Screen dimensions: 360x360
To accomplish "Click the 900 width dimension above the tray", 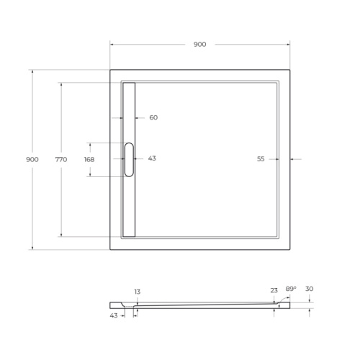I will click(x=199, y=45).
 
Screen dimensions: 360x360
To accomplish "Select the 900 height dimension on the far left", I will click(x=32, y=159).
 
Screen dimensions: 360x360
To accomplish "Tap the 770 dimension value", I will click(x=60, y=159).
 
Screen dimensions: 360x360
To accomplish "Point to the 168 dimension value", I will click(x=89, y=159).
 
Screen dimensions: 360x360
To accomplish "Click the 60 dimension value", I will click(x=153, y=117).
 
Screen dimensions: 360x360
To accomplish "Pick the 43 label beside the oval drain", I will click(x=152, y=158).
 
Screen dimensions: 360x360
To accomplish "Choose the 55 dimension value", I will click(x=261, y=158).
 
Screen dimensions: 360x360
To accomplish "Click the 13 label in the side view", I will click(x=137, y=292).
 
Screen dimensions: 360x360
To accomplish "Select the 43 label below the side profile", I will click(x=114, y=315).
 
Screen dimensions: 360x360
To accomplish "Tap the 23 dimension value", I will click(x=274, y=290).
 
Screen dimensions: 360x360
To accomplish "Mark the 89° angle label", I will click(x=291, y=288).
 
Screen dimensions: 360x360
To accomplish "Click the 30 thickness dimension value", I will click(x=309, y=289).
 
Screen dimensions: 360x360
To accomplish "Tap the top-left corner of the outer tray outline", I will click(x=110, y=69).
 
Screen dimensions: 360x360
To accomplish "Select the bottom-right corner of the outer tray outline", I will click(x=289, y=249).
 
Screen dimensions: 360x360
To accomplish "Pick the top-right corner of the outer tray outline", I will click(x=289, y=69).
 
